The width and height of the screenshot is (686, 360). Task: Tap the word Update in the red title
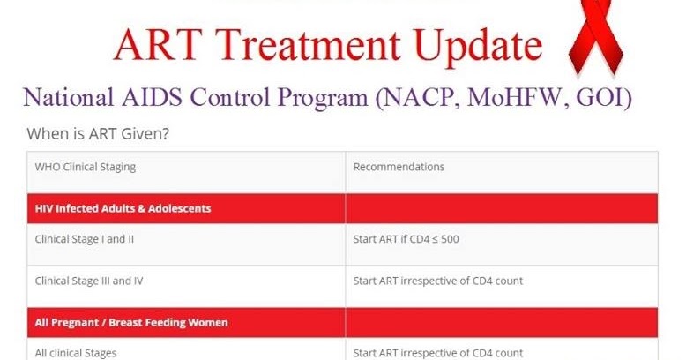pos(468,45)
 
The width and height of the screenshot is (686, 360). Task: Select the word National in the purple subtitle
pos(73,97)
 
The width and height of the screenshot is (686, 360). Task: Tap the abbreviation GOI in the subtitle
pos(603,97)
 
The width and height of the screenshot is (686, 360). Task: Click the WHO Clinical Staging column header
pos(85,167)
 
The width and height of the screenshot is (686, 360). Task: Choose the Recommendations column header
pos(399,167)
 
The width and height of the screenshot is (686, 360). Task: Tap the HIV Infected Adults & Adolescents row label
pos(123,209)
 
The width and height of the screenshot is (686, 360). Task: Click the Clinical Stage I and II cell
pos(84,238)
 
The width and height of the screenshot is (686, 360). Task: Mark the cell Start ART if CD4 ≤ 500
pos(406,238)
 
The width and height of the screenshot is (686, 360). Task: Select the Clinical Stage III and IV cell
pos(89,281)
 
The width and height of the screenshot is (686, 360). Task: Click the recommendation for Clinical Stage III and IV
pos(437,281)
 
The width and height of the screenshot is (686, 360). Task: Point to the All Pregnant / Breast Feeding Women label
pos(131,322)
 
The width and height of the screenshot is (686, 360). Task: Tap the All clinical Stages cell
pos(76,353)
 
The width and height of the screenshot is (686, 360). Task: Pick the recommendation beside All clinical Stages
pos(437,353)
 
